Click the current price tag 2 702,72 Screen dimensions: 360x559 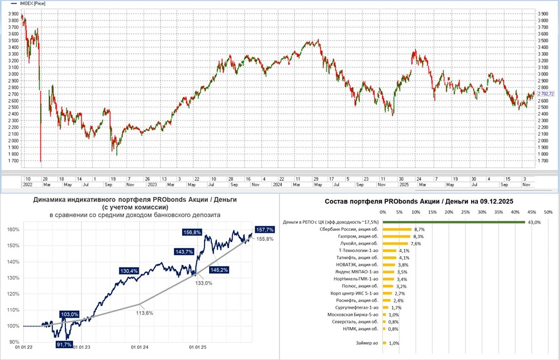pos(546,94)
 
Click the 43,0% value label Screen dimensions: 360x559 pos(534,222)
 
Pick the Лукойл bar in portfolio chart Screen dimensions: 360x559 pos(395,244)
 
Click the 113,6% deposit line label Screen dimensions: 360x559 pos(145,312)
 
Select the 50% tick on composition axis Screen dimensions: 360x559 pos(548,212)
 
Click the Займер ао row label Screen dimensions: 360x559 pos(367,343)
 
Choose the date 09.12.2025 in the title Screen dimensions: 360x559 pos(494,200)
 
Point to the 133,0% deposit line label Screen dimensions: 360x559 pos(203,283)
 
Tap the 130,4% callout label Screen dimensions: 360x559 pos(130,271)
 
